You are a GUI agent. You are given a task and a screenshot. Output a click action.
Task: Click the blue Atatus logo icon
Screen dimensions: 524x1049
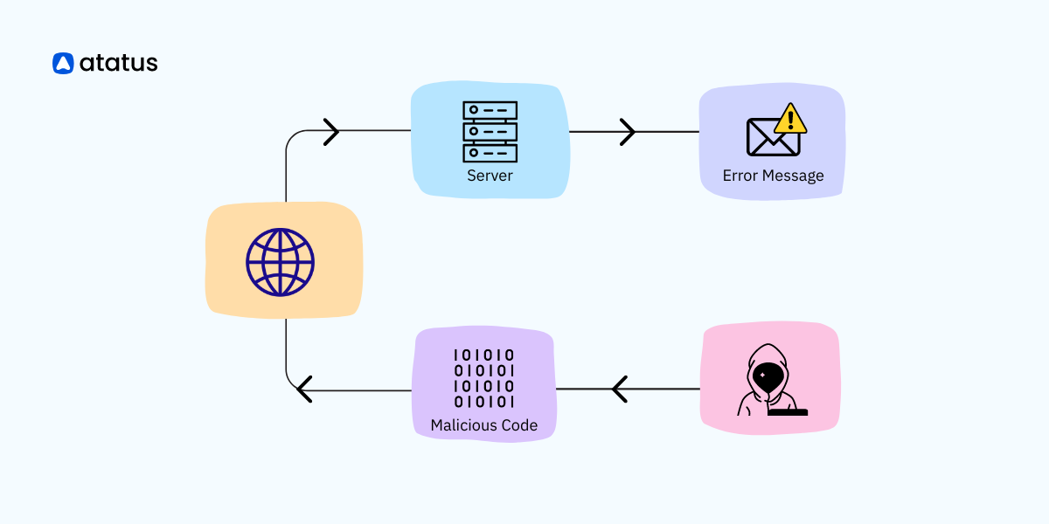click(63, 63)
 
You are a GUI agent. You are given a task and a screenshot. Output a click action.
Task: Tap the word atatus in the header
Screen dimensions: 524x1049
click(118, 63)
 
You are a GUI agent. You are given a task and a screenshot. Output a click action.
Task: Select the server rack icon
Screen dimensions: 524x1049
click(490, 132)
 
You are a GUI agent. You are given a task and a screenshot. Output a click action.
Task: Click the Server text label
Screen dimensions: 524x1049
click(490, 176)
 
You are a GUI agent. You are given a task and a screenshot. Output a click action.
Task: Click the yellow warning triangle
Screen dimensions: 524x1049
click(791, 118)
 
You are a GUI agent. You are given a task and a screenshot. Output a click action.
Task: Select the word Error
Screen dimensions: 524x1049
click(740, 176)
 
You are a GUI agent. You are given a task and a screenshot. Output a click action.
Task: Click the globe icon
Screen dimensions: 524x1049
click(280, 261)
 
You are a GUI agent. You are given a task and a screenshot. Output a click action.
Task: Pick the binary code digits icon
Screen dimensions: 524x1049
click(483, 378)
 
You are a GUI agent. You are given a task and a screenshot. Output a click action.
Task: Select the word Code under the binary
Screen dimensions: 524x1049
click(518, 426)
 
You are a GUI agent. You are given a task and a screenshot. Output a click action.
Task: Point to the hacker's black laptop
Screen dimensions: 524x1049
click(788, 411)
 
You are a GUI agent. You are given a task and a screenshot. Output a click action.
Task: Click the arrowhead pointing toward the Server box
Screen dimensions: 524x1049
click(331, 132)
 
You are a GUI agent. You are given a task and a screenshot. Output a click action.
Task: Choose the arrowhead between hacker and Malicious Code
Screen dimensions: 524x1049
click(620, 389)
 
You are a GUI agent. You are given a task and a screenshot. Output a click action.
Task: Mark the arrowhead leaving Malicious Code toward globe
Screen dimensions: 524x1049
click(303, 389)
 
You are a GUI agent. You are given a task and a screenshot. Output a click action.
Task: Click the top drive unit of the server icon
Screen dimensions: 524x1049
click(490, 111)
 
